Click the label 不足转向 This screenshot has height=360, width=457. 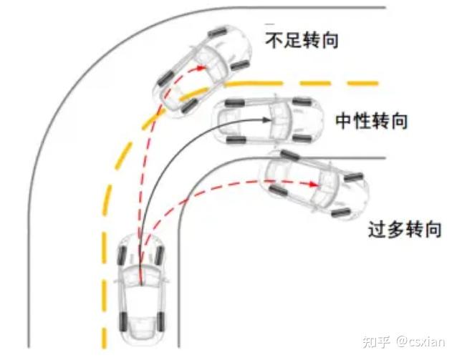coord(302,40)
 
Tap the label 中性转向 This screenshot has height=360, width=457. coord(371,121)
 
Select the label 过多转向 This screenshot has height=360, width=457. coord(405,229)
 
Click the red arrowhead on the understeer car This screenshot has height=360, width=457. coord(201,68)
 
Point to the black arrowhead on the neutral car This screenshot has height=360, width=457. coord(266,120)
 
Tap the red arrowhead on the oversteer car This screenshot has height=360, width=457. coord(314,184)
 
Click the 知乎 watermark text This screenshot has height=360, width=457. coord(376,341)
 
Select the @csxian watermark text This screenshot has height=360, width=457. coord(420,341)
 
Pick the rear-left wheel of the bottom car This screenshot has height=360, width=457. coord(123,321)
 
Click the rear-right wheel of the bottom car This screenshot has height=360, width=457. coord(160,321)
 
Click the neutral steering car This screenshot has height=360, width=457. coord(268,120)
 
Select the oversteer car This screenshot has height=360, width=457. coord(314,185)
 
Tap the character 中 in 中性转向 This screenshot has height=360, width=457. coord(344,121)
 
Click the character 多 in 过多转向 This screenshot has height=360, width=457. coord(395,229)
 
